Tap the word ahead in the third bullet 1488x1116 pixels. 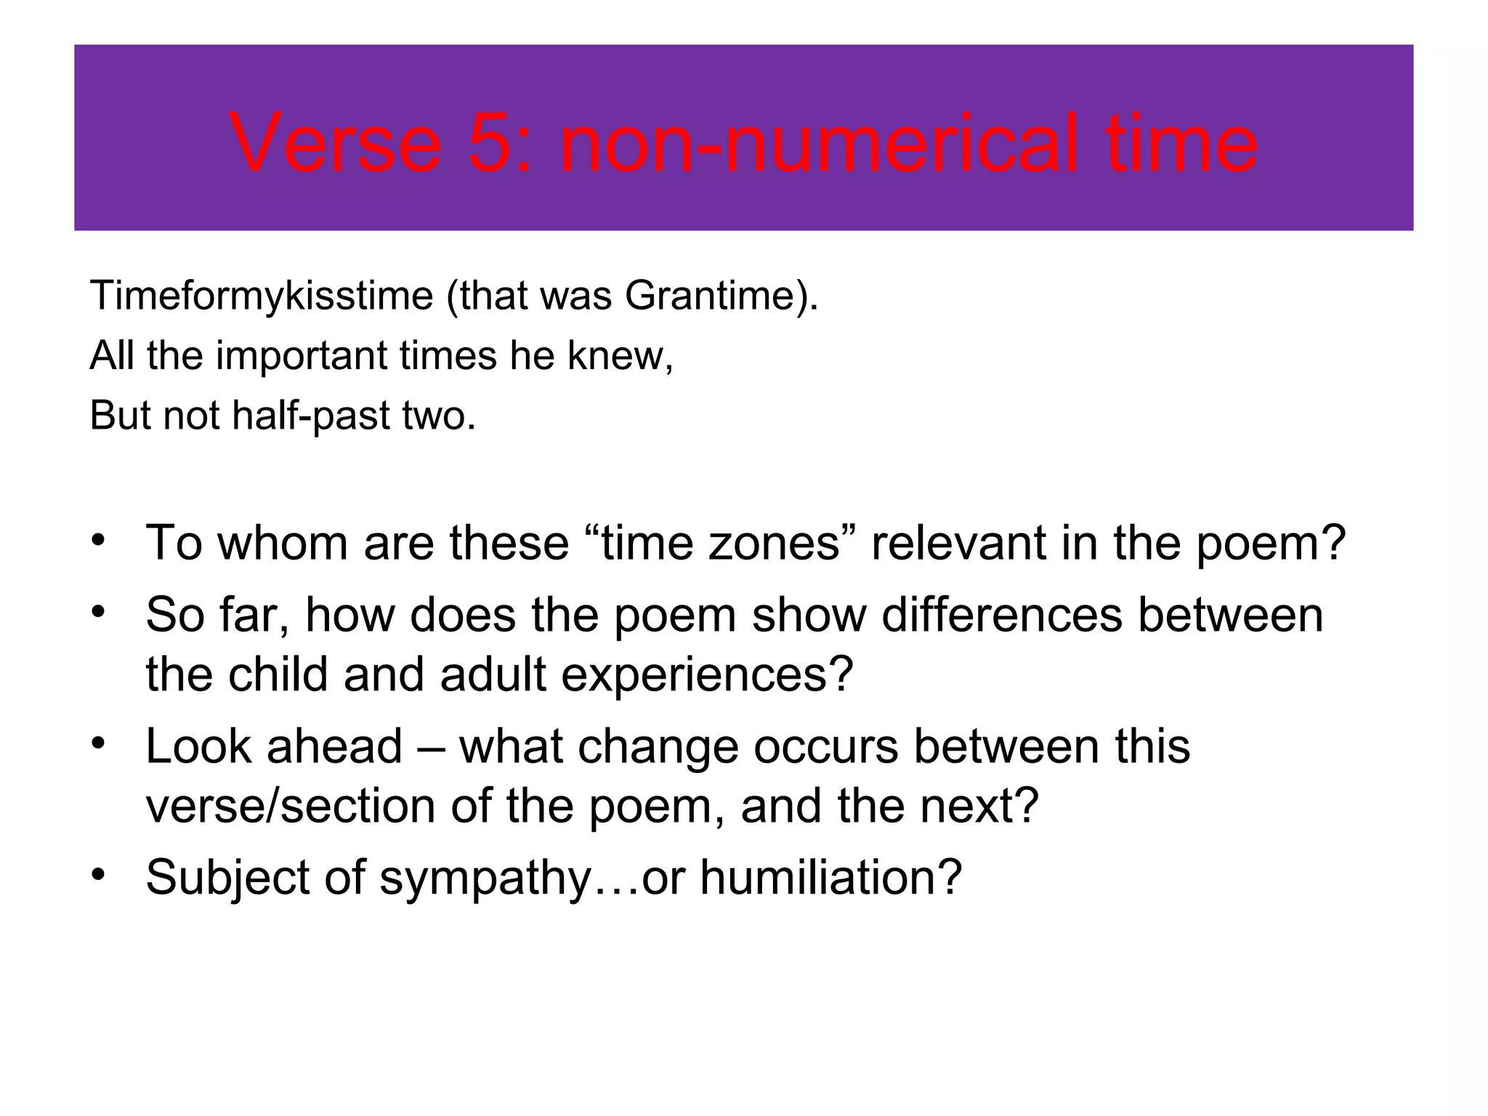334,746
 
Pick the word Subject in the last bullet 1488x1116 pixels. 227,878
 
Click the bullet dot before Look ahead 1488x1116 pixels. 100,744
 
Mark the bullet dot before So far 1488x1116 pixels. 100,612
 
